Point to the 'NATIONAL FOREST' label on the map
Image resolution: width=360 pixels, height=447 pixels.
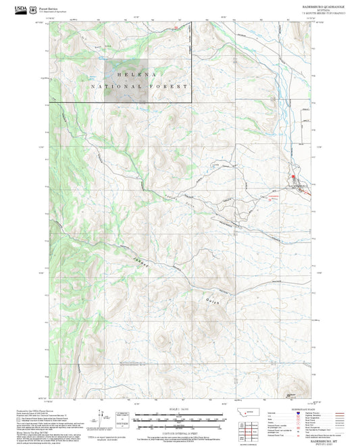pos(140,86)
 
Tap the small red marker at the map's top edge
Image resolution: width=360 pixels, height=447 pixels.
pos(177,28)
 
